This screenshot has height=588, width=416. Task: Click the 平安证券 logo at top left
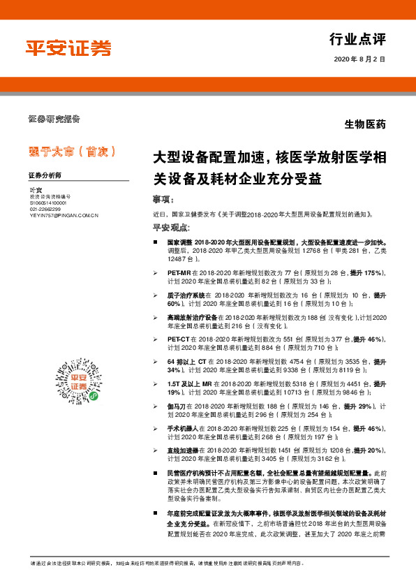tap(68, 48)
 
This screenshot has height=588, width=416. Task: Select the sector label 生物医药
tap(365, 124)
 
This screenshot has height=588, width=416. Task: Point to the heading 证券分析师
tap(45, 175)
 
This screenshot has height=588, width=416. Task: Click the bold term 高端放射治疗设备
tap(191, 316)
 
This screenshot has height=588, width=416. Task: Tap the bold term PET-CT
tap(179, 338)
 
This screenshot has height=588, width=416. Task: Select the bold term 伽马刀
tap(178, 405)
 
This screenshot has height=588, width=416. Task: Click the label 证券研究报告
tap(54, 118)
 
